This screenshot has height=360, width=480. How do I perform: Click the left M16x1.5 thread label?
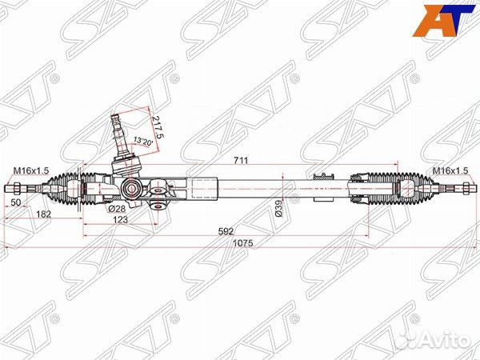(x=30, y=170)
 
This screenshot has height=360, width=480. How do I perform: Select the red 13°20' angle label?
(x=143, y=142)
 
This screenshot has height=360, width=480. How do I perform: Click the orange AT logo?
(x=439, y=20)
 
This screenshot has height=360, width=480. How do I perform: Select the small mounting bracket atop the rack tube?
(x=323, y=175)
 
